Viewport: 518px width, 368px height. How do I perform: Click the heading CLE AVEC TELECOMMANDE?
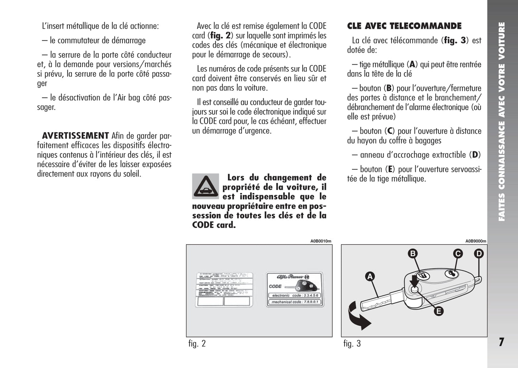(404, 26)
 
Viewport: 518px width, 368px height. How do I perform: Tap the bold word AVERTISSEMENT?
(75, 136)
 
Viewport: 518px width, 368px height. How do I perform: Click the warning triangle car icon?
(205, 186)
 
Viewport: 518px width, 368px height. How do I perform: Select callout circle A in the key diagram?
(370, 276)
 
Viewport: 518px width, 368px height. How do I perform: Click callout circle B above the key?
(413, 254)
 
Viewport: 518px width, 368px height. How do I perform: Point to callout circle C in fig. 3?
(458, 254)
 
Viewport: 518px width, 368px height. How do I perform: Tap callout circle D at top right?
(479, 254)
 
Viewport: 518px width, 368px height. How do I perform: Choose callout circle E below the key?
(438, 311)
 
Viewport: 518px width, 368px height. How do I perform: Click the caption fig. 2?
(197, 344)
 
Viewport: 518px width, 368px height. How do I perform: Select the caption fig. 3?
(352, 344)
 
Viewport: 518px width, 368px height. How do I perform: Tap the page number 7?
(501, 342)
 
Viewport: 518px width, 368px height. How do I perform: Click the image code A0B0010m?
(320, 241)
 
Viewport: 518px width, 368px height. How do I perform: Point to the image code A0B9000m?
(476, 241)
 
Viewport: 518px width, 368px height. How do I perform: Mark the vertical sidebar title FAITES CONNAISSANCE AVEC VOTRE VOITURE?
(502, 122)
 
